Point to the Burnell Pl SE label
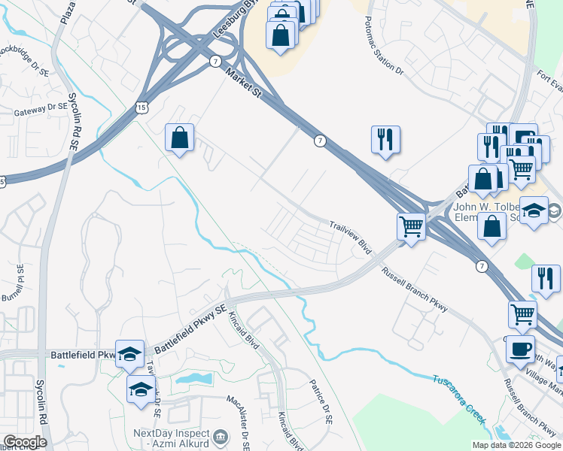(20, 279)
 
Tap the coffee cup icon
(520, 350)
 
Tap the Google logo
(25, 442)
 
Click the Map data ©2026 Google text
(516, 445)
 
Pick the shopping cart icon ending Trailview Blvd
(411, 225)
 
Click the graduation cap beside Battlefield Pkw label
(130, 353)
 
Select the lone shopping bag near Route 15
(180, 138)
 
